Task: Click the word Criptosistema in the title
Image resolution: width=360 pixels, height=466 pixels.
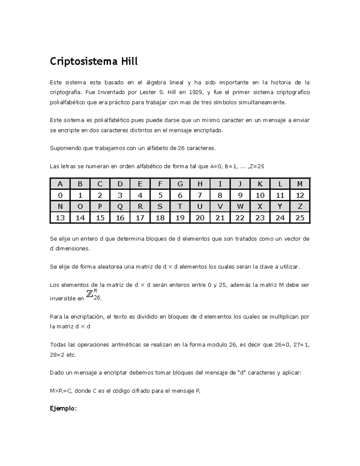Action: coord(84,62)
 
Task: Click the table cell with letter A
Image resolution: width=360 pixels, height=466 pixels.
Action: coord(60,184)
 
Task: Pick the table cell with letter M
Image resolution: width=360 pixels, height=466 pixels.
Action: coord(300,184)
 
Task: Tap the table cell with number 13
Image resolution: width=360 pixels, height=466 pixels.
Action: coord(60,218)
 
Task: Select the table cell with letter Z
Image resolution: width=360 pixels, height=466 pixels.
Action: coord(300,206)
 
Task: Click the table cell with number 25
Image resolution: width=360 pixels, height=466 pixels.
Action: coord(300,218)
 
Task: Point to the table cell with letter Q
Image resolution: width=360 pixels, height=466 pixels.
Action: coord(120,206)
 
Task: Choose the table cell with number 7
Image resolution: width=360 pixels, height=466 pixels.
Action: coord(200,195)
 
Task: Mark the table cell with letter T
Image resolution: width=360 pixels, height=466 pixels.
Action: coord(180,206)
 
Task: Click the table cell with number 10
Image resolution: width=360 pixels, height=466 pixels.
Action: coord(260,195)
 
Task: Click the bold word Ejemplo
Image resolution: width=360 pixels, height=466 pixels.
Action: coord(63,408)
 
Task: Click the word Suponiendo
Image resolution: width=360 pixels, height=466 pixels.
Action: coord(64,148)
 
